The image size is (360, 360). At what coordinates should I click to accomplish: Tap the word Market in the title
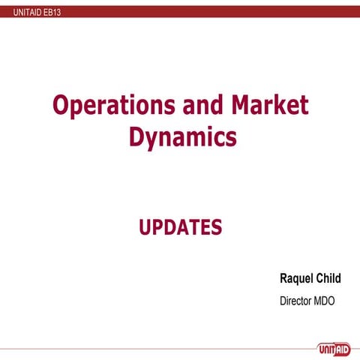click(x=268, y=106)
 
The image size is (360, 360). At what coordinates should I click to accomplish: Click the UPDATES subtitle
click(x=180, y=226)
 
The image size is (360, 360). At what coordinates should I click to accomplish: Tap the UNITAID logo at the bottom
click(x=331, y=346)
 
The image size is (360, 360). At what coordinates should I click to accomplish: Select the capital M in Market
click(x=238, y=106)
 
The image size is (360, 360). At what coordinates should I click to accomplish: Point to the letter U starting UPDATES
click(x=145, y=226)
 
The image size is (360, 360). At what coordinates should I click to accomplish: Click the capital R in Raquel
click(x=283, y=278)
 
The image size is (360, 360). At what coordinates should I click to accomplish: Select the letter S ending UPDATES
click(x=216, y=226)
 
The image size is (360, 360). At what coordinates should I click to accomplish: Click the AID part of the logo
click(x=340, y=346)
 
